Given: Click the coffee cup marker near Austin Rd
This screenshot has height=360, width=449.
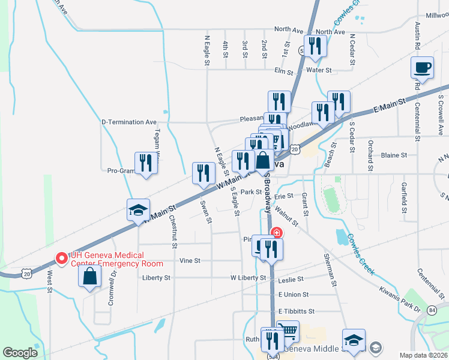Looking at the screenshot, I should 422,67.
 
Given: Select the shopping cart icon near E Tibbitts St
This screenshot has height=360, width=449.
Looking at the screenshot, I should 289,331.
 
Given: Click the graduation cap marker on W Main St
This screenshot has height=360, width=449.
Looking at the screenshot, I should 138,211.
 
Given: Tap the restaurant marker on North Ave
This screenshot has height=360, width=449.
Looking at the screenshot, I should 315,46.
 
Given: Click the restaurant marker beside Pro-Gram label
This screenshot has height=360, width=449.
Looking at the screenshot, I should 146,163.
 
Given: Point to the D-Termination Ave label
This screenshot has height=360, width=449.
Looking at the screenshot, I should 128,122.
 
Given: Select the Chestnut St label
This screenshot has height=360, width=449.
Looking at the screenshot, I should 173,232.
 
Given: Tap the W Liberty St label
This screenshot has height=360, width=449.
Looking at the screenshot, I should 248,278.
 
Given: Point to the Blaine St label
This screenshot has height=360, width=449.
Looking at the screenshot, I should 394,155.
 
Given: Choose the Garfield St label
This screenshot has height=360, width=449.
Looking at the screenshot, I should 405,199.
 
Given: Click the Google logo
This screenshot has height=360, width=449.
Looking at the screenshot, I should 20,353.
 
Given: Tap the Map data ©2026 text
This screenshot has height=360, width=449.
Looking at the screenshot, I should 424,355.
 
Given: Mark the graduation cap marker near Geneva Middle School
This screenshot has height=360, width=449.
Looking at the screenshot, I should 354,340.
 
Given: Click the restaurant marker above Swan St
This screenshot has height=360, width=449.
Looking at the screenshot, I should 203,173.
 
